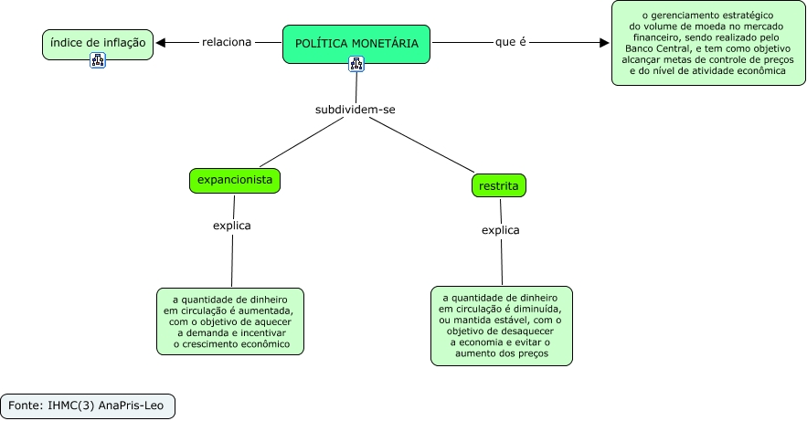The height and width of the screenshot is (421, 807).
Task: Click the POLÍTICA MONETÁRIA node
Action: click(x=356, y=43)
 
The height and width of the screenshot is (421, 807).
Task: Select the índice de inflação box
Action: click(x=98, y=43)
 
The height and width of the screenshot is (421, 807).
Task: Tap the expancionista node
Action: click(x=235, y=181)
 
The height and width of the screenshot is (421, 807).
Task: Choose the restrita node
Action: click(x=499, y=185)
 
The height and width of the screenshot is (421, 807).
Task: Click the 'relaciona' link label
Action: click(x=227, y=42)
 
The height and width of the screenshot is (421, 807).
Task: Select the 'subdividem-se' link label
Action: click(x=356, y=109)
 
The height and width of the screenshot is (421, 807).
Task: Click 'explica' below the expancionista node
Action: click(x=231, y=225)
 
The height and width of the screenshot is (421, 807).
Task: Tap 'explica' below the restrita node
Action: click(x=501, y=230)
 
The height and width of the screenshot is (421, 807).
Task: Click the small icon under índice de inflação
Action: click(x=98, y=60)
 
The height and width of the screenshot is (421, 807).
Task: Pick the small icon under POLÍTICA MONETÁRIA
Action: click(x=356, y=64)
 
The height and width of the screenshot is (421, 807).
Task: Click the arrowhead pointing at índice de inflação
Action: click(x=162, y=42)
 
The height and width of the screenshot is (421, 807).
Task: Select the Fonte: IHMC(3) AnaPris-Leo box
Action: click(x=87, y=405)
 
